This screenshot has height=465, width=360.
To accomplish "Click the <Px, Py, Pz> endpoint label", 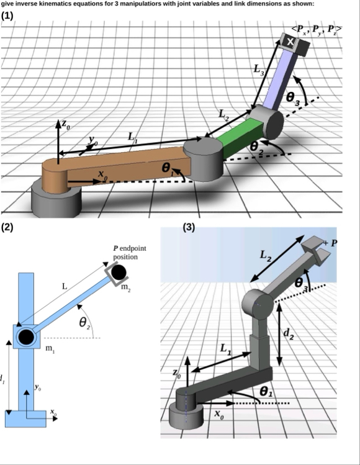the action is (317, 30).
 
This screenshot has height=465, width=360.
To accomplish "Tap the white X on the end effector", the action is (290, 42).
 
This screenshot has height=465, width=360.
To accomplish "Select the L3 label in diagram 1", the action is (259, 70).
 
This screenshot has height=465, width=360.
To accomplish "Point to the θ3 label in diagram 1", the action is (293, 98).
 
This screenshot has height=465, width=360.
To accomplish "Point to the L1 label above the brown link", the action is (133, 137).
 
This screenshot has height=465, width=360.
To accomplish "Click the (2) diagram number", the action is (7, 227).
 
